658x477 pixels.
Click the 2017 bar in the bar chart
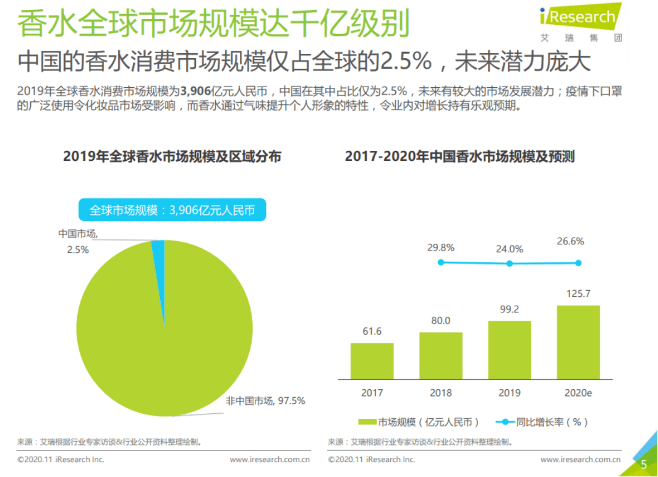(372, 361)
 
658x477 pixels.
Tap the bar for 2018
(440, 356)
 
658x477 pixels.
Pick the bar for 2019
(509, 350)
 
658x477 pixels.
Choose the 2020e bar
(578, 342)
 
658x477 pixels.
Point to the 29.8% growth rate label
(440, 247)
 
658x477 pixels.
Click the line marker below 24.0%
(510, 264)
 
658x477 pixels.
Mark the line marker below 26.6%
(578, 263)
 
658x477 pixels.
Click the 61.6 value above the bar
(372, 332)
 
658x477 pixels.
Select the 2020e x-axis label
(578, 393)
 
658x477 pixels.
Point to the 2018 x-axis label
(440, 393)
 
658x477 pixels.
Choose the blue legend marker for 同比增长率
(505, 422)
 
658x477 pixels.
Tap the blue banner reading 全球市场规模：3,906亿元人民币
(172, 210)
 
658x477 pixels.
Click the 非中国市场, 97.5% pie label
(265, 401)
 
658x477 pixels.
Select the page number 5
(644, 464)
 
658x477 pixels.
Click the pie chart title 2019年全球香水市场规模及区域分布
(172, 157)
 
